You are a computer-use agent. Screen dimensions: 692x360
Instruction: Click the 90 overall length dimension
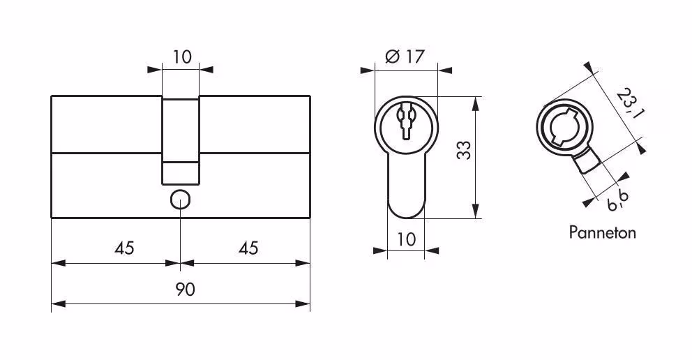[185, 290]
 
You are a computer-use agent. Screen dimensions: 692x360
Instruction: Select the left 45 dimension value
[124, 248]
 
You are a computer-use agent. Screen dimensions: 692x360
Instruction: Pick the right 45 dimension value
[248, 248]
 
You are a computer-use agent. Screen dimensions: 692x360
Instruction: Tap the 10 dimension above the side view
[182, 57]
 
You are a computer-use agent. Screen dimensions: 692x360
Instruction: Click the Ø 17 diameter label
[405, 57]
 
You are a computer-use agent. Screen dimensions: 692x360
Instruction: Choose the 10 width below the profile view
[407, 239]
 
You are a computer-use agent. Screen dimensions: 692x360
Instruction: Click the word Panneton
[603, 232]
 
